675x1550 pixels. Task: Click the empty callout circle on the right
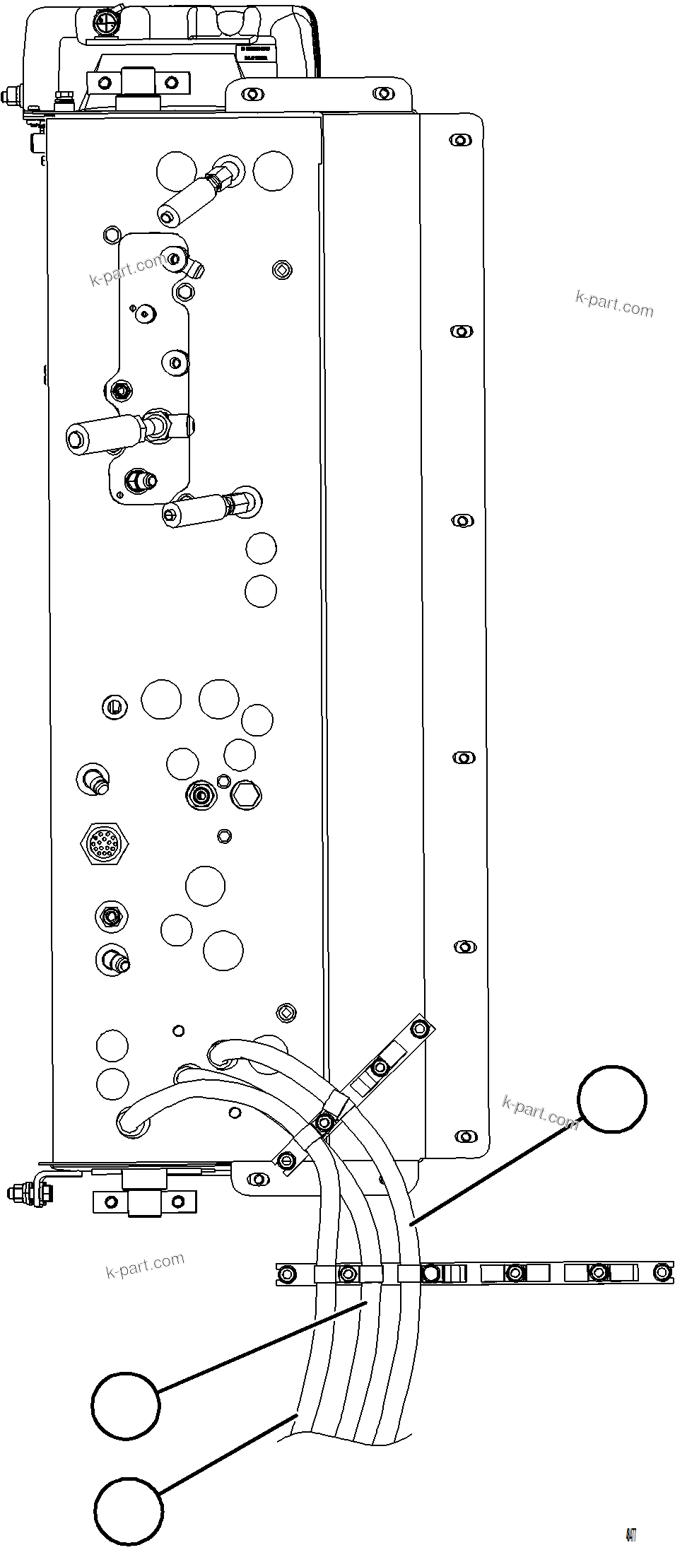pos(611,1098)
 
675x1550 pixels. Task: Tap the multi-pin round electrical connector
pos(103,843)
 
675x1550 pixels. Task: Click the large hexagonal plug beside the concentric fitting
pos(245,796)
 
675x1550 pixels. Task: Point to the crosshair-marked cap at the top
pos(107,22)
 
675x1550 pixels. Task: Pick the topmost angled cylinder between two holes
pos(189,194)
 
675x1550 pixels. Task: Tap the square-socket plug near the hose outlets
pos(286,1013)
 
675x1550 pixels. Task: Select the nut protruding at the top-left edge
pos(12,95)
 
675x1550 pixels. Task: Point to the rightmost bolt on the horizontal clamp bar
pos(662,1273)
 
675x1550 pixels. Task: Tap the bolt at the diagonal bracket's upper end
pos(419,1028)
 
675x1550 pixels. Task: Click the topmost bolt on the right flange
pos(461,140)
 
